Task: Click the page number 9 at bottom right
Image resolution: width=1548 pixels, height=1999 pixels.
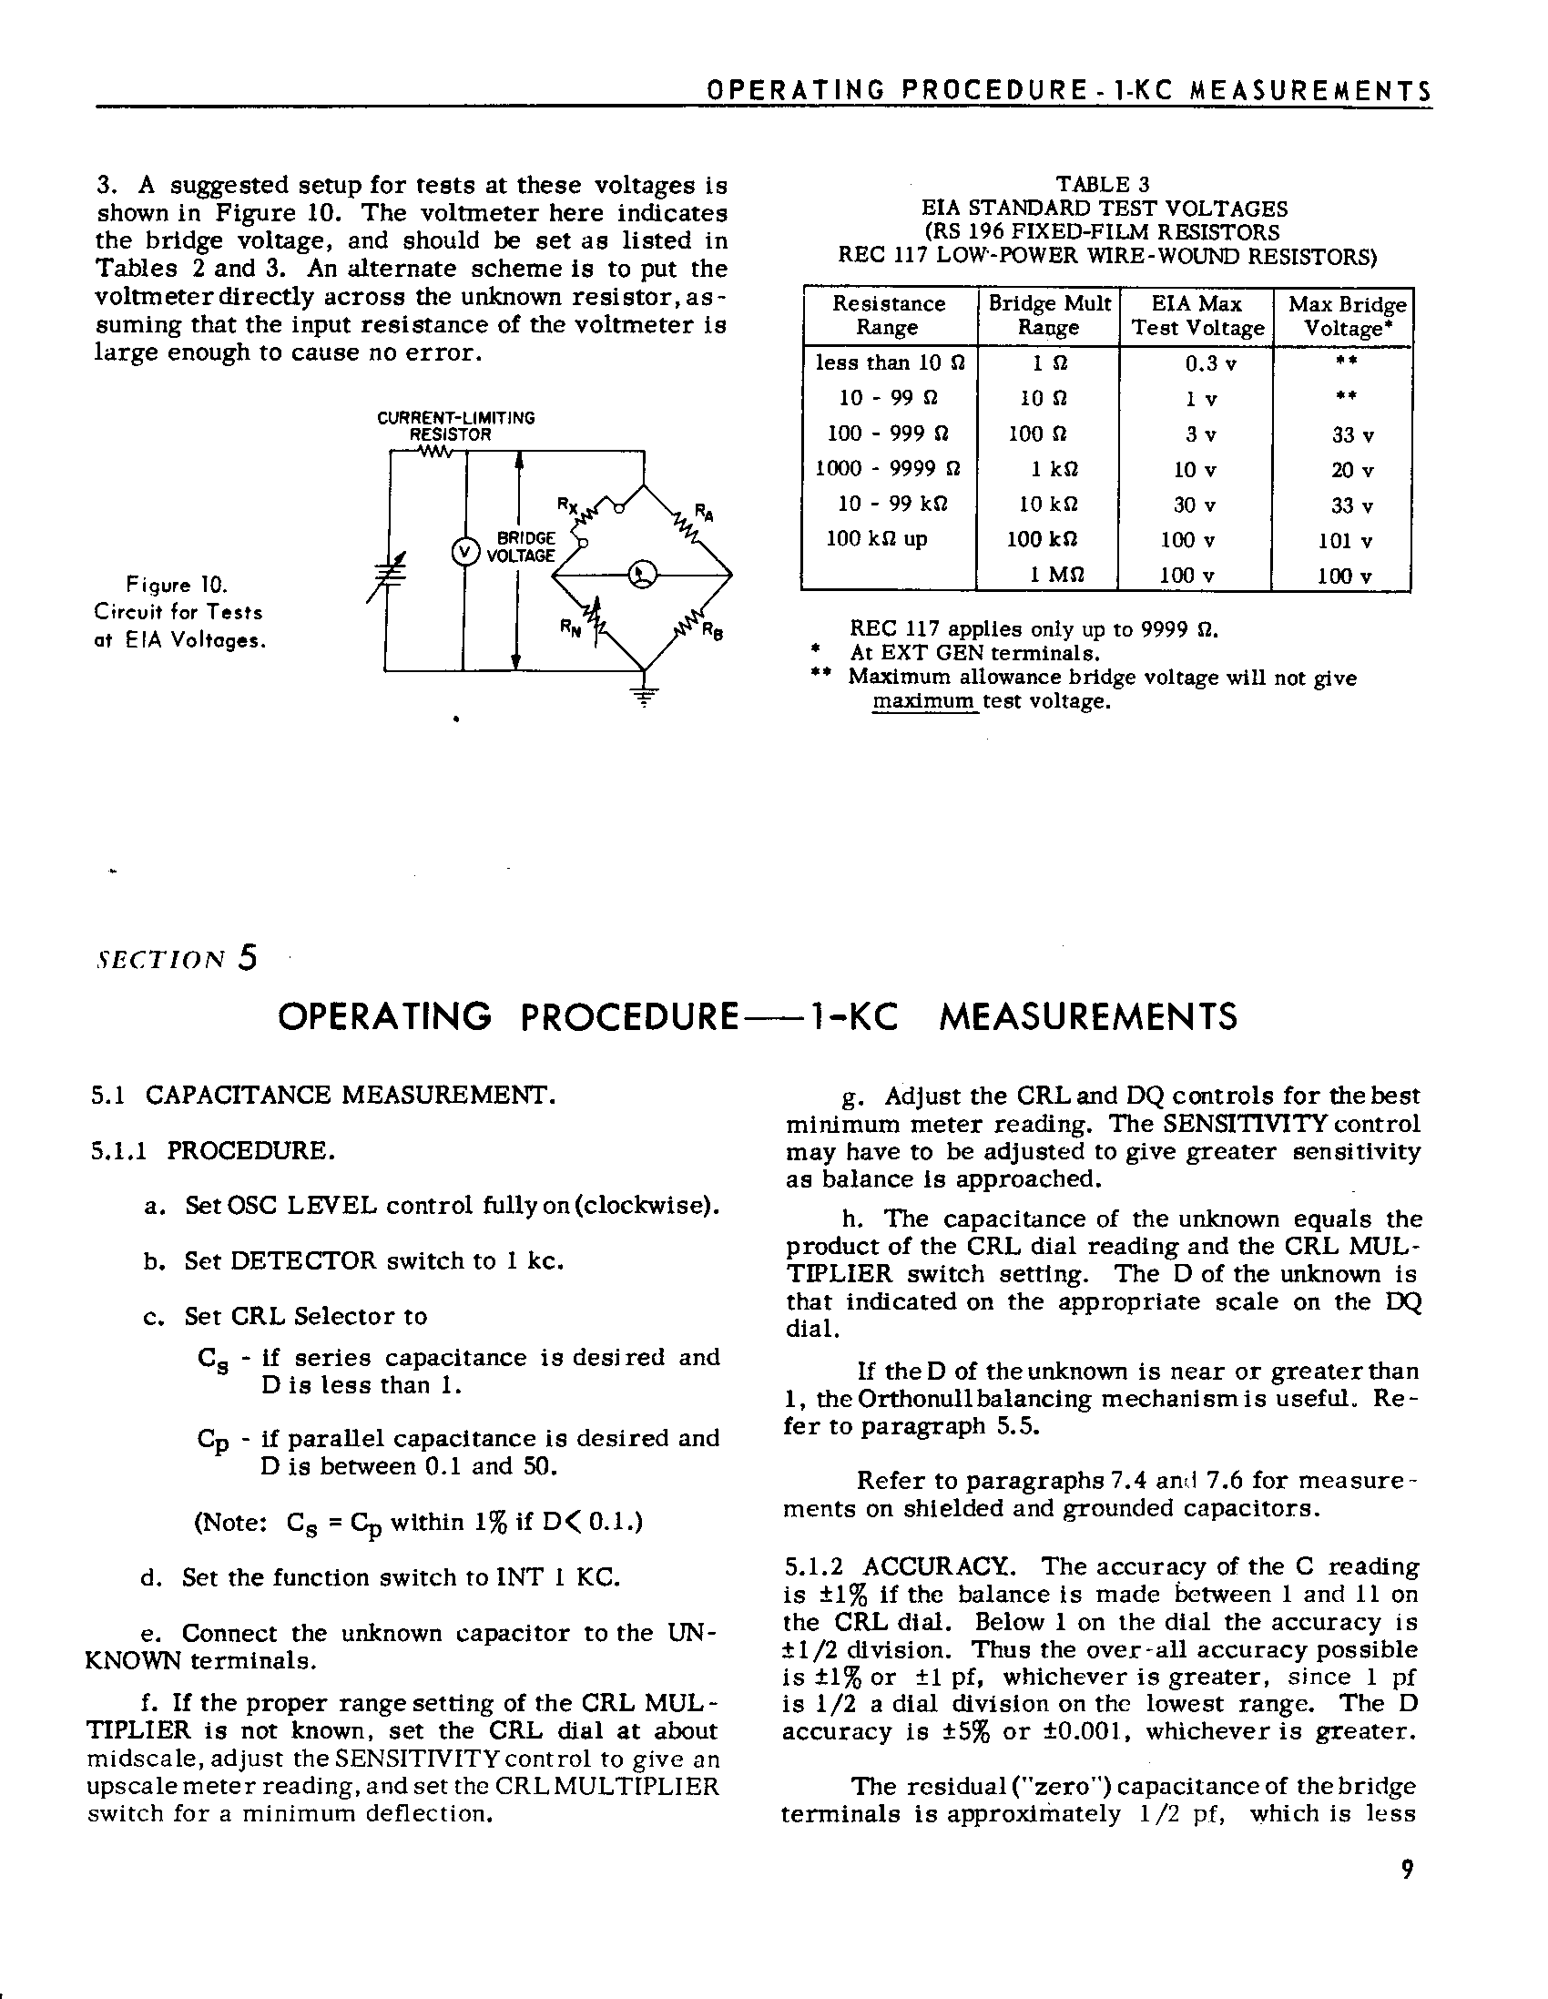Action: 1407,1868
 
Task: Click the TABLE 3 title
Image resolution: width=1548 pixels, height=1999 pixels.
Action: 1106,184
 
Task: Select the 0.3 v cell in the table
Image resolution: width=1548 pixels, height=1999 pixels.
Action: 1210,364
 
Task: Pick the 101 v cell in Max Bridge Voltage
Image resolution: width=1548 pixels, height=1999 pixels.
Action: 1345,541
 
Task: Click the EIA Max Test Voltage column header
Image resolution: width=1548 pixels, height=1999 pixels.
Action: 1197,316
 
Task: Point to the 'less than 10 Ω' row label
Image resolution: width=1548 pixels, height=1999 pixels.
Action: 890,362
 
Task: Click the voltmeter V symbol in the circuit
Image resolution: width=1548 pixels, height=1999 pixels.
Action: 466,552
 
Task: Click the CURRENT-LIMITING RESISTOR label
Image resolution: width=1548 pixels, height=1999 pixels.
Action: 455,426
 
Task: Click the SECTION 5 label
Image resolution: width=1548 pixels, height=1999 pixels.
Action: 176,958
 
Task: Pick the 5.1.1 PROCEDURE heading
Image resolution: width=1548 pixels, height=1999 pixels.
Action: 212,1150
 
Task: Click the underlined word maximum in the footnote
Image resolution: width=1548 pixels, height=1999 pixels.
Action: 923,702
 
